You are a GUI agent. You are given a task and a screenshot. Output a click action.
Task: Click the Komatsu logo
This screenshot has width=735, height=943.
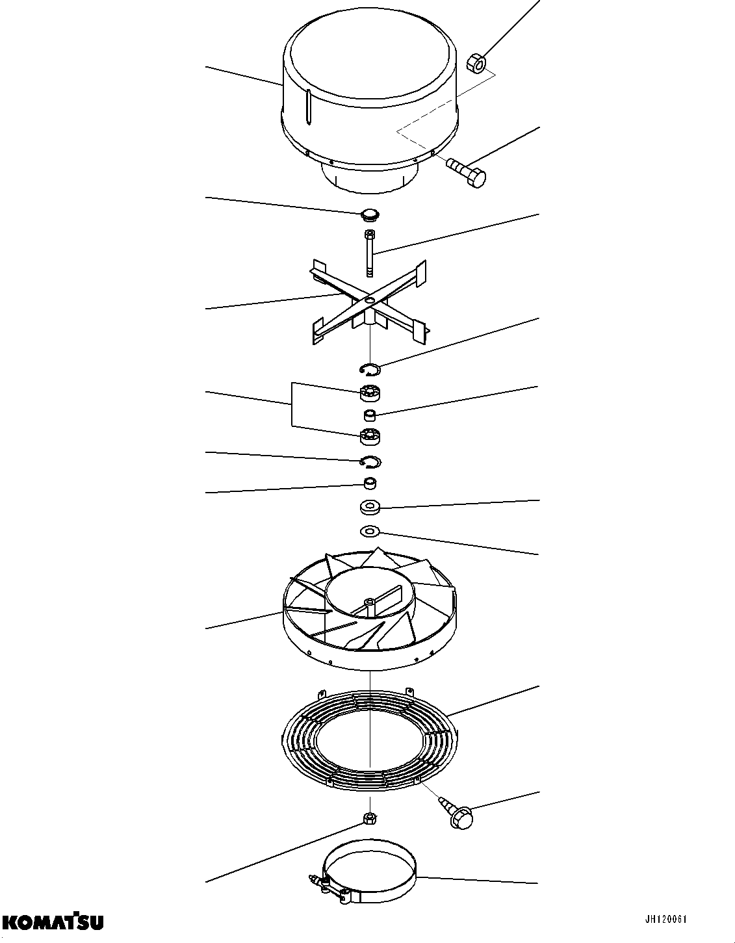(x=53, y=921)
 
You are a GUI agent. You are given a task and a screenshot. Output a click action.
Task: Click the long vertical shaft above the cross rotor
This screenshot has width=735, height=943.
(x=369, y=253)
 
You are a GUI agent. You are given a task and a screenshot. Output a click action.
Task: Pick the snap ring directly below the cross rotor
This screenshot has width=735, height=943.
(x=370, y=369)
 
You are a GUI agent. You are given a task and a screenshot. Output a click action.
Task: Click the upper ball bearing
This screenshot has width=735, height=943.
(x=370, y=393)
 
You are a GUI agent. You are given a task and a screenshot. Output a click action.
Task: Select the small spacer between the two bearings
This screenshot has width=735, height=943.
(x=369, y=415)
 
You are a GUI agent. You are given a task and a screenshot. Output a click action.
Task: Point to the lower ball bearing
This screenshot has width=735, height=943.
(x=370, y=437)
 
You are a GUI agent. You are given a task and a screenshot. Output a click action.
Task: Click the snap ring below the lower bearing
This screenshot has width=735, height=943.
(x=370, y=461)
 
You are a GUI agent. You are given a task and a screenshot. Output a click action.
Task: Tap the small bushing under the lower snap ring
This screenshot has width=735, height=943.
(x=370, y=484)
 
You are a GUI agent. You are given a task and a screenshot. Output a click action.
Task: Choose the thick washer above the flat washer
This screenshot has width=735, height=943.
(x=370, y=506)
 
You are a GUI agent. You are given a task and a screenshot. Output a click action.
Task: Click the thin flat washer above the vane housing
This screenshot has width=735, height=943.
(x=370, y=532)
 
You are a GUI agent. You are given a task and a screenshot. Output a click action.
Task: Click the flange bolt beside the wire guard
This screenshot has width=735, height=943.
(x=458, y=813)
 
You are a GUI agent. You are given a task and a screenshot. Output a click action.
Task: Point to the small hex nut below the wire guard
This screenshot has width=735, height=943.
(x=369, y=818)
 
